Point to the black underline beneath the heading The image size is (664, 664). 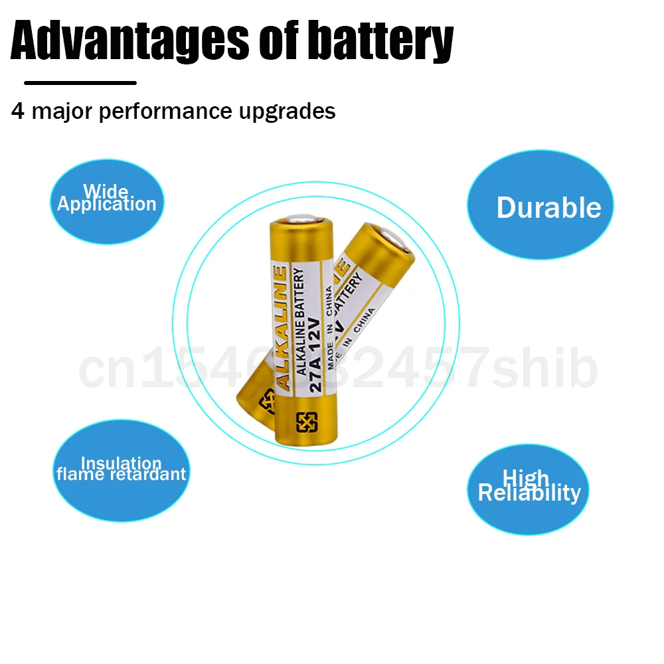(80, 83)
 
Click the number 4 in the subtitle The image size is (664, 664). (18, 112)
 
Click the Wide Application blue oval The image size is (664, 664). (107, 201)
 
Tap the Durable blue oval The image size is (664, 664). (540, 205)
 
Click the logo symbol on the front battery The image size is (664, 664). (307, 422)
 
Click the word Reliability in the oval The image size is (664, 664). (529, 493)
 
